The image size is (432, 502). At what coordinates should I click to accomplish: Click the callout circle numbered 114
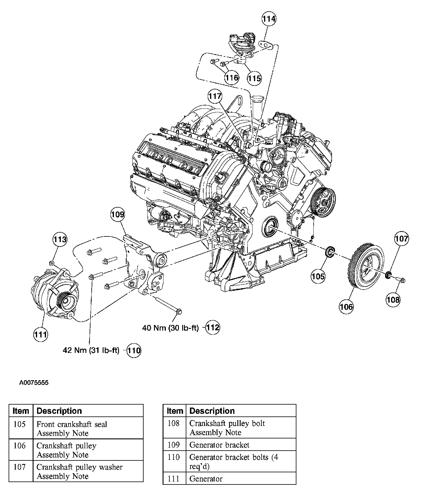[269, 19]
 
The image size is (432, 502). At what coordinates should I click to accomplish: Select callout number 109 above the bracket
[117, 214]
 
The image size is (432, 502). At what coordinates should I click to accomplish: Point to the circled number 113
[60, 239]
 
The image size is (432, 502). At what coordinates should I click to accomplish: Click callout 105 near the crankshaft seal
[318, 277]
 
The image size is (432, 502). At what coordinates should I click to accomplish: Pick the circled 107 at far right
[401, 238]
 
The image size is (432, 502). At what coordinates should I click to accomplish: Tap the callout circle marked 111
[40, 335]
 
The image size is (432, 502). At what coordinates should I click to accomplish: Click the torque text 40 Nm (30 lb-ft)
[170, 328]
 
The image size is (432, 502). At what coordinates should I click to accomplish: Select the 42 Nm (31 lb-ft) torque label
[91, 351]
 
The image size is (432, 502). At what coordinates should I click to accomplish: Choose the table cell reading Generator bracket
[219, 445]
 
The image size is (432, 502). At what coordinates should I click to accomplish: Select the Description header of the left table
[59, 411]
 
